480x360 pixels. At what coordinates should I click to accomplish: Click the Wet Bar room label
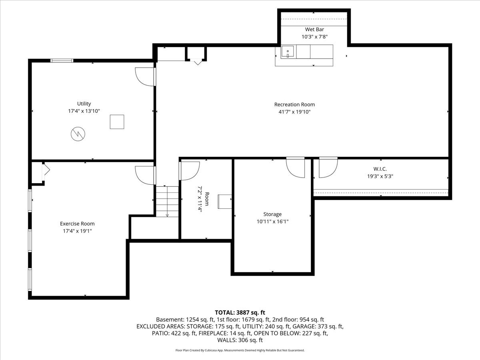pyautogui.click(x=314, y=29)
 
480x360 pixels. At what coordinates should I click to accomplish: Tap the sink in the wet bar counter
pyautogui.click(x=288, y=52)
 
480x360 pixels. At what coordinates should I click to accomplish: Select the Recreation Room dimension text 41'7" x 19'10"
pyautogui.click(x=294, y=112)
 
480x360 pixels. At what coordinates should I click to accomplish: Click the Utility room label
pyautogui.click(x=84, y=104)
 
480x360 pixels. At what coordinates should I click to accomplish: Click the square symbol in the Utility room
pyautogui.click(x=117, y=122)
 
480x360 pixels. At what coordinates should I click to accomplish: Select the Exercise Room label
pyautogui.click(x=77, y=224)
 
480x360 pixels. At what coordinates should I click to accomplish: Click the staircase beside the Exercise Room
pyautogui.click(x=167, y=202)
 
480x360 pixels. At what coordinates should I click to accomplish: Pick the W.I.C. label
pyautogui.click(x=380, y=169)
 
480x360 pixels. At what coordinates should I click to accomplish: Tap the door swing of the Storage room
pyautogui.click(x=296, y=168)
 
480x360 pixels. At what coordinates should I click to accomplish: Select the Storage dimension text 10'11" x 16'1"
pyautogui.click(x=272, y=221)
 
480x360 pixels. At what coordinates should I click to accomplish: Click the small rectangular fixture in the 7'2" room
pyautogui.click(x=225, y=201)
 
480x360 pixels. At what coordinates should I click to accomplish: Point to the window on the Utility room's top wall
pyautogui.click(x=62, y=61)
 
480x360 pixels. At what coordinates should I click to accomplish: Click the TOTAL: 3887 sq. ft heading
pyautogui.click(x=240, y=312)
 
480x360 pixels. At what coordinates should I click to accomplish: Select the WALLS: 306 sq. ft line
pyautogui.click(x=240, y=340)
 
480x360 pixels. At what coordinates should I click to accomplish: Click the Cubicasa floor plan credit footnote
pyautogui.click(x=240, y=350)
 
